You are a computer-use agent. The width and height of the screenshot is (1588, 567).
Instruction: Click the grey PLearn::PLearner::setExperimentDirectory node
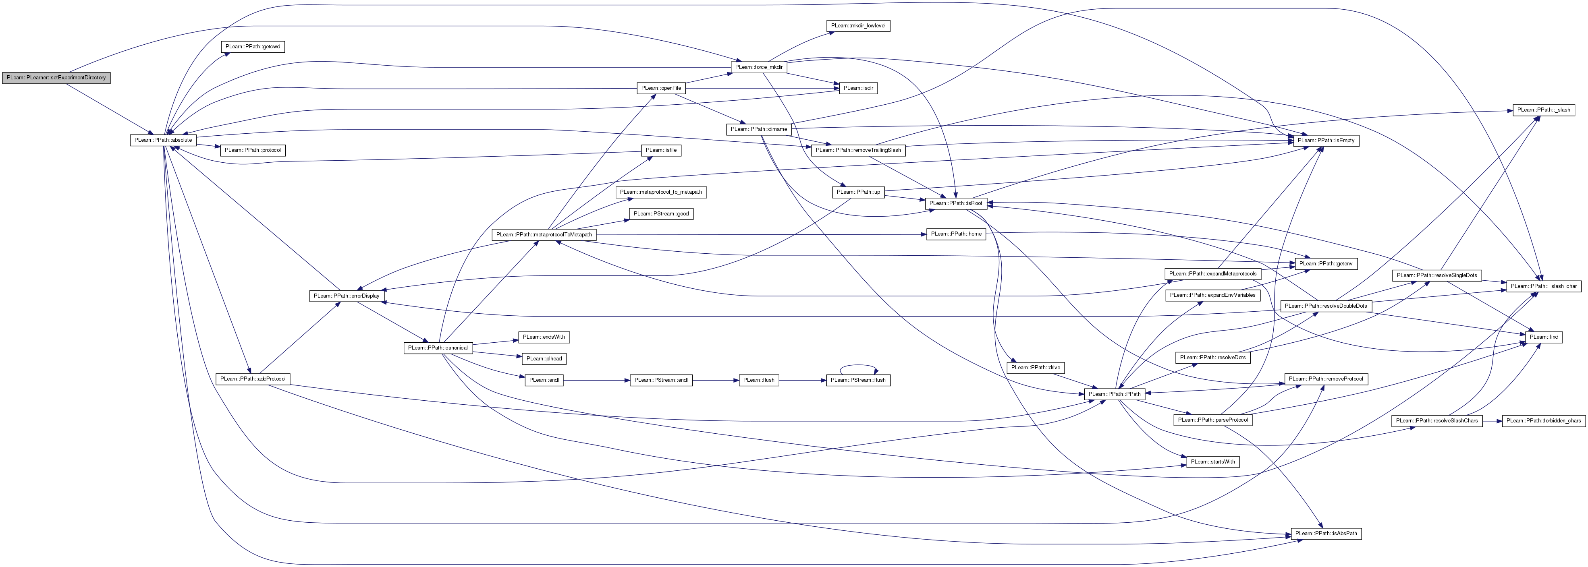(x=56, y=78)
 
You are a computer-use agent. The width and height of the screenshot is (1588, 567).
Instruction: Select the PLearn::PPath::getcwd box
(x=253, y=47)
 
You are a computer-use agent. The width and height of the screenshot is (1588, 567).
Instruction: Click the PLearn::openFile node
(x=661, y=88)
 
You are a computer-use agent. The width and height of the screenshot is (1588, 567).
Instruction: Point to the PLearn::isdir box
(x=857, y=88)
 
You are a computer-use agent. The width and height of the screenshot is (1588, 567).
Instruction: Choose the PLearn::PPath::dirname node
(x=759, y=129)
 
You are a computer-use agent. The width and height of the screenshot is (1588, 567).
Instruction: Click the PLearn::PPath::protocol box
(x=253, y=150)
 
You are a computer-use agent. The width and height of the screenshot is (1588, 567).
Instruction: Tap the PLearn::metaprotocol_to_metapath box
(x=661, y=192)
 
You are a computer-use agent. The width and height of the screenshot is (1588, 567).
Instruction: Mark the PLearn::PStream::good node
(x=661, y=214)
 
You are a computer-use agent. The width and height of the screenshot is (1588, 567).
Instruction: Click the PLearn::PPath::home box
(x=956, y=234)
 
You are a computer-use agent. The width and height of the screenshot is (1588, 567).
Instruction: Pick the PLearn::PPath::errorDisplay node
(x=347, y=296)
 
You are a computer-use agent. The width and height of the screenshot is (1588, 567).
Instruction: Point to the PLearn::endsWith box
(x=544, y=337)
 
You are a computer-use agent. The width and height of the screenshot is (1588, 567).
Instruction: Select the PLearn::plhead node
(x=544, y=359)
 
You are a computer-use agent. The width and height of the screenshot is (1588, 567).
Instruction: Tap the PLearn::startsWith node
(x=1212, y=461)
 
